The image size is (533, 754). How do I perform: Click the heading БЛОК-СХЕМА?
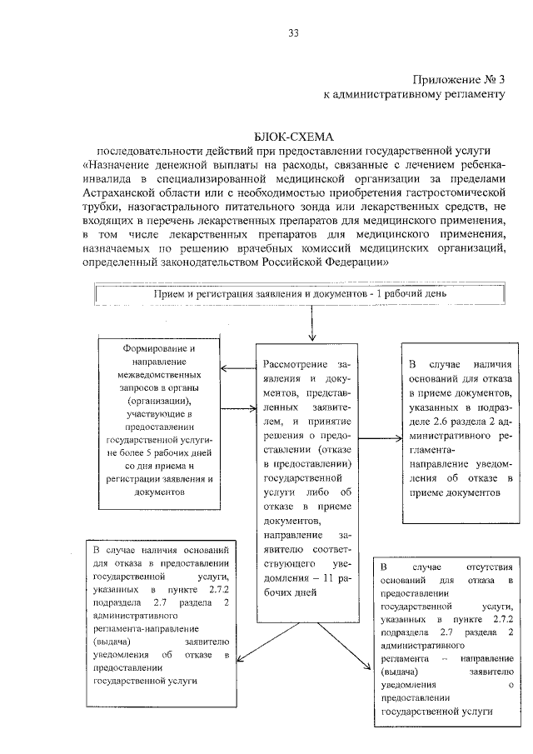292,137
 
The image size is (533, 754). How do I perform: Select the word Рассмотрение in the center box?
292,365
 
